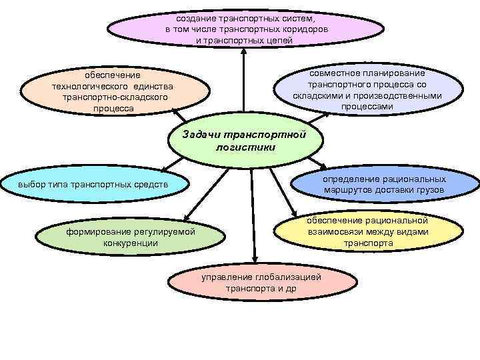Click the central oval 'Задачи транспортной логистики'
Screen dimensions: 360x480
pos(245,141)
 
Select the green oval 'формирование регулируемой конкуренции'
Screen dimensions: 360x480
pos(129,237)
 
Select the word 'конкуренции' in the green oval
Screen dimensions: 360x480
pos(131,243)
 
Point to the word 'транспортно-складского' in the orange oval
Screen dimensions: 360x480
pos(114,97)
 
